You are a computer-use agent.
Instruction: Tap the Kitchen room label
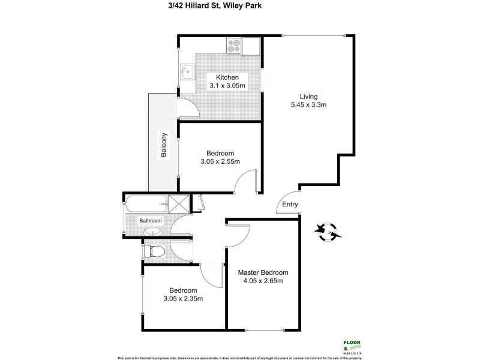pyautogui.click(x=227, y=77)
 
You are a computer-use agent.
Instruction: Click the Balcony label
pyautogui.click(x=163, y=145)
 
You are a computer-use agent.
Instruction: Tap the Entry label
pyautogui.click(x=290, y=205)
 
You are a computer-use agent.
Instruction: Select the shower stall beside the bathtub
pyautogui.click(x=178, y=203)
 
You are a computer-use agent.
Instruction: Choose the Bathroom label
pyautogui.click(x=151, y=221)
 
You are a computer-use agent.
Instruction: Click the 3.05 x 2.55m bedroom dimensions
pyautogui.click(x=220, y=161)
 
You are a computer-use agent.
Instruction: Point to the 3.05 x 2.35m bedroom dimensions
pyautogui.click(x=182, y=298)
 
